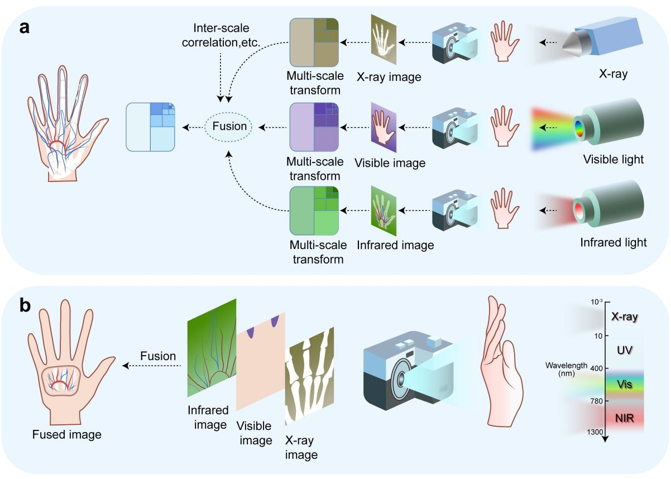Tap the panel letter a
click(26, 28)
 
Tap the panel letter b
click(25, 308)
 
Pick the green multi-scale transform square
click(314, 210)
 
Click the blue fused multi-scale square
click(151, 127)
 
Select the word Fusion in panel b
click(158, 356)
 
